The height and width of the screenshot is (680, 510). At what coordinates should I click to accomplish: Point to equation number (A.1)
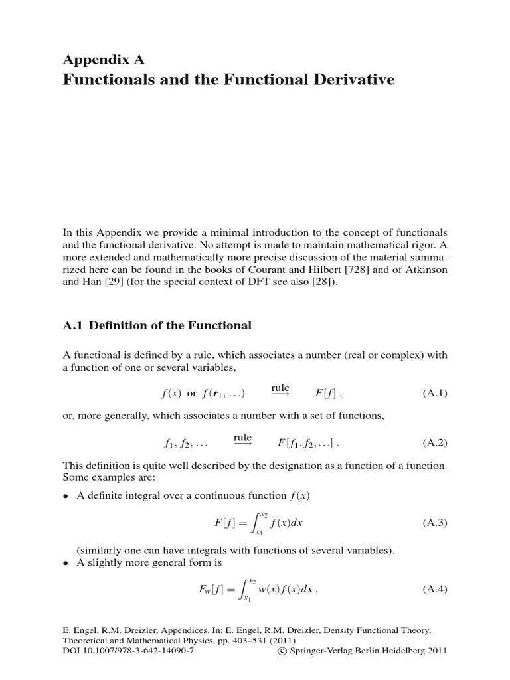click(x=435, y=393)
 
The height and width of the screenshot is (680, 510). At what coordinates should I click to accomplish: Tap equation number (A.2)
click(x=435, y=442)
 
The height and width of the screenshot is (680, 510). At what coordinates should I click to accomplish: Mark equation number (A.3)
click(x=435, y=523)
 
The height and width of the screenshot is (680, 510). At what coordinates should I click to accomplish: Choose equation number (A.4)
click(x=435, y=589)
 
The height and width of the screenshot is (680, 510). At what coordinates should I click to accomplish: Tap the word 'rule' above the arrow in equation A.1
click(x=280, y=387)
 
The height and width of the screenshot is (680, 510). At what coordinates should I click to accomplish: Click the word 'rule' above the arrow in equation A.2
click(x=242, y=436)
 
